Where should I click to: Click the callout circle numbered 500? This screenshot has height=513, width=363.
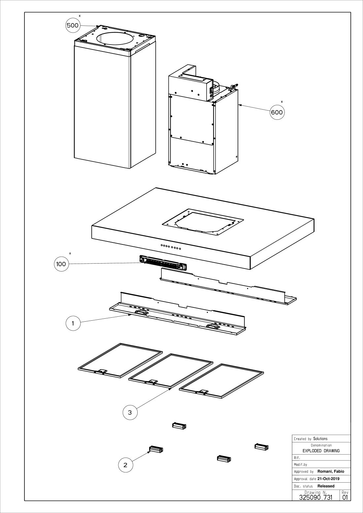tap(73, 25)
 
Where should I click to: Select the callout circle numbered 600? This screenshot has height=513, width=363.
tap(277, 112)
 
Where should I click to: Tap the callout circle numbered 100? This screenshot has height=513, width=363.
tap(61, 264)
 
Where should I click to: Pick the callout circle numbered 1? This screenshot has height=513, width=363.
tap(73, 324)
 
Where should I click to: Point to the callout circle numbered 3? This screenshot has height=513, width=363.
tap(130, 412)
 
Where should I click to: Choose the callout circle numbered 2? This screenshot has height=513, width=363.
tap(125, 465)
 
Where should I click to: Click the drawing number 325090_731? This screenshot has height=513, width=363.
tap(315, 497)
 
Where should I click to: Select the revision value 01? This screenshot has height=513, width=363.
tap(345, 497)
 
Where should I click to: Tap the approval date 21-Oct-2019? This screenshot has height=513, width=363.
tap(328, 479)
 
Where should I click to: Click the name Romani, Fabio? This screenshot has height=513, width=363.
tap(331, 471)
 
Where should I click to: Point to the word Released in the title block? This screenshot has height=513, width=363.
tap(326, 486)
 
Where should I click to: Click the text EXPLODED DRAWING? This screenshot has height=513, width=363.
tap(321, 451)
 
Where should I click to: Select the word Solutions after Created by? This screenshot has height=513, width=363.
tap(320, 439)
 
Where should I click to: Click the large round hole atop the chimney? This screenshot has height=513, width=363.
tap(115, 39)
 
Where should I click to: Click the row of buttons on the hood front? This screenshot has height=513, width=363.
tap(171, 246)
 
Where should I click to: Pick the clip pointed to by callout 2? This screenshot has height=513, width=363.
tap(156, 449)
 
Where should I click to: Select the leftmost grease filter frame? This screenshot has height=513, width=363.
tap(120, 360)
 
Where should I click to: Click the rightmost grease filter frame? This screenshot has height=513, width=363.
tap(221, 381)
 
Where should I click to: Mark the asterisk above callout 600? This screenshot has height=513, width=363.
tap(281, 102)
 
